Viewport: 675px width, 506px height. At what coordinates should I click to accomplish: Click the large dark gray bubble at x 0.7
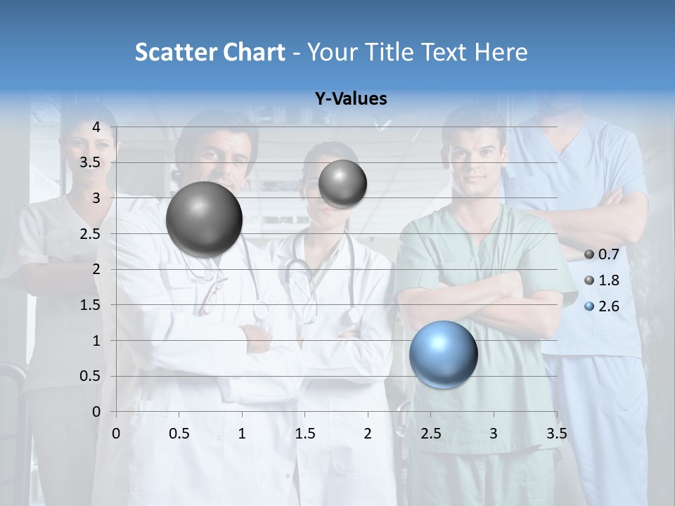(204, 219)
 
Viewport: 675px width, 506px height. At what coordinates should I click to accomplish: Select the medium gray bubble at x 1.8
(342, 183)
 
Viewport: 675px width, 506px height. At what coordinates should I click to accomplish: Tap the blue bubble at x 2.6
(443, 354)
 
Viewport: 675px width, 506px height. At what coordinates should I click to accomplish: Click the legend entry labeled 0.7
(602, 254)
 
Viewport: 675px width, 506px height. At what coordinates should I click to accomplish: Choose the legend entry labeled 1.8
(602, 280)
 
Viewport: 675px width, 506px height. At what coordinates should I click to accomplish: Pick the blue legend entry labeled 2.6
(602, 306)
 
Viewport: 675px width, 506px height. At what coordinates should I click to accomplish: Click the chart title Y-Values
(350, 99)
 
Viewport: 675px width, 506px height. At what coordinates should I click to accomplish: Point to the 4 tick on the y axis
(97, 127)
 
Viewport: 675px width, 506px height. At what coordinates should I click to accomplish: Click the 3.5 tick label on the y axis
(91, 162)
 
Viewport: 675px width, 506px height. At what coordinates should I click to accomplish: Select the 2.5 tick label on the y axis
(91, 234)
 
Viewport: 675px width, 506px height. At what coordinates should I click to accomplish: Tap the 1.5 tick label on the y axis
(91, 305)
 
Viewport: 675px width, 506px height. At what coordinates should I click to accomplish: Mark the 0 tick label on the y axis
(97, 412)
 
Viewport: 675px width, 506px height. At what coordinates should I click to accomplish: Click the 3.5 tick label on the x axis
(556, 434)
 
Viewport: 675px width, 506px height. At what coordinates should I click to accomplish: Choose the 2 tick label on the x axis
(368, 434)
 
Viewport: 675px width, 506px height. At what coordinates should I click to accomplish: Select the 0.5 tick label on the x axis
(179, 434)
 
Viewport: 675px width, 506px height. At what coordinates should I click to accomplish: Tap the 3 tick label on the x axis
(494, 434)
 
